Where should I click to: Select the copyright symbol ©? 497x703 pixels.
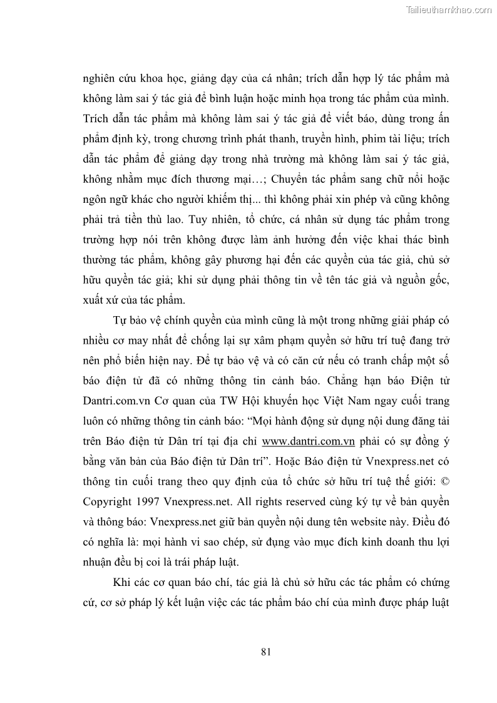pyautogui.click(x=444, y=483)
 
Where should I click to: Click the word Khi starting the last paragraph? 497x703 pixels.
pyautogui.click(x=122, y=583)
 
